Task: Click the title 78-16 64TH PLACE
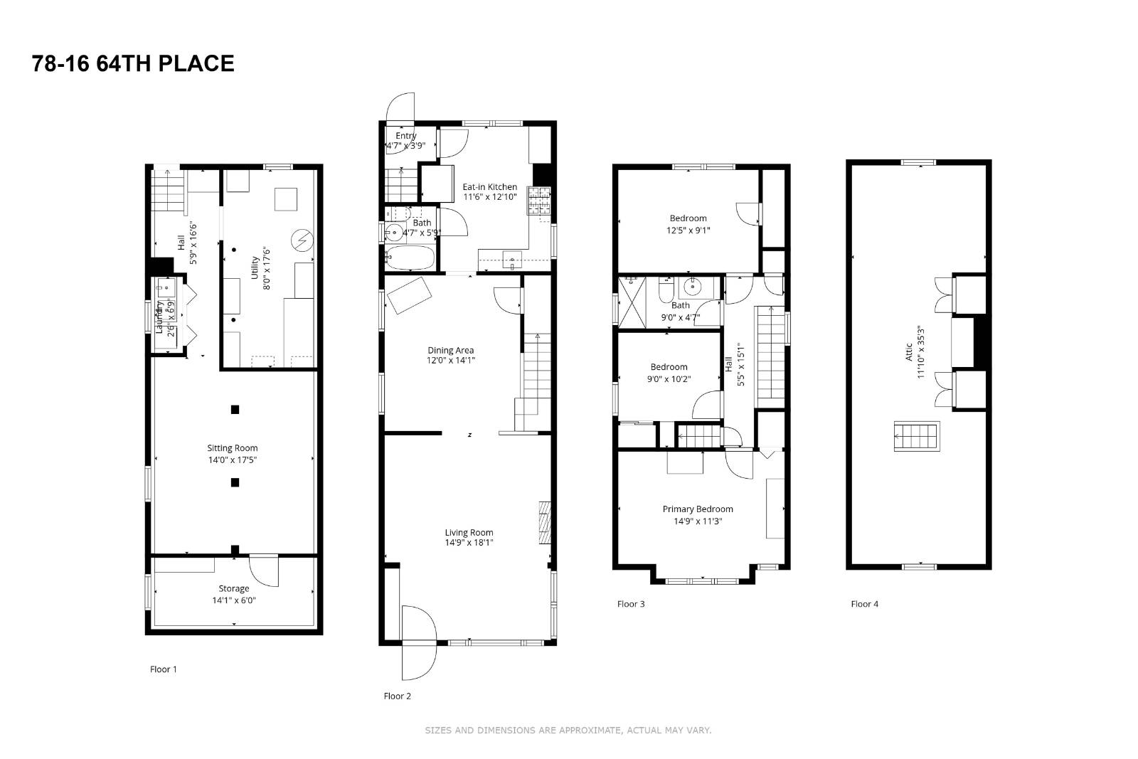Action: point(133,63)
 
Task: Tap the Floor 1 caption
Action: point(164,669)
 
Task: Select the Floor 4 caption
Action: point(864,604)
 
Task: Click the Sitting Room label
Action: point(233,448)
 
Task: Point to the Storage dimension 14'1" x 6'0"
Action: point(234,600)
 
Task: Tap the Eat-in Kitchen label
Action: point(490,187)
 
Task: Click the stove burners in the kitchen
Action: point(538,200)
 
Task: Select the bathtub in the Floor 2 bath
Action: point(410,258)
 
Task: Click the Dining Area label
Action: point(450,350)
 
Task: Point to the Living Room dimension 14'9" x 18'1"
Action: point(469,543)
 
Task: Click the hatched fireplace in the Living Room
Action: point(545,523)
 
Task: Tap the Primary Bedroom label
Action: point(698,509)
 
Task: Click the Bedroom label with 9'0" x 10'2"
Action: point(669,367)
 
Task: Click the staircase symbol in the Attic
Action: point(917,436)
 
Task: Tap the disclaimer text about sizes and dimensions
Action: point(568,731)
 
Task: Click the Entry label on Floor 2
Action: point(405,136)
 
